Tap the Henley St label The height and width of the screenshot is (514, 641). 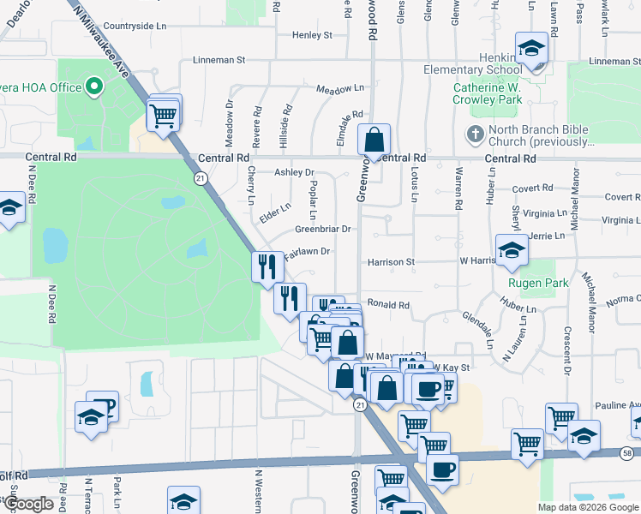pos(312,35)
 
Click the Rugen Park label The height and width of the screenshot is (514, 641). pos(538,283)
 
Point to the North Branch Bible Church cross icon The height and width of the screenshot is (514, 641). pos(475,134)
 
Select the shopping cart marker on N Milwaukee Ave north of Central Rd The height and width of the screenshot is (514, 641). pos(163,114)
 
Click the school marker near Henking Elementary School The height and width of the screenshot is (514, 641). pos(531,48)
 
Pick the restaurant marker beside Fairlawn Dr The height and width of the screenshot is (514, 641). pos(267,266)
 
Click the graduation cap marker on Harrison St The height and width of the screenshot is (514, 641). pos(512,249)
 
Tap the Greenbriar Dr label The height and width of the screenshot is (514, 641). pos(323,230)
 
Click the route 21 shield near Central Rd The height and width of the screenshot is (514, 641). pos(200,178)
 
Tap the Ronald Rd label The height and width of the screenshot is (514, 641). pos(389,304)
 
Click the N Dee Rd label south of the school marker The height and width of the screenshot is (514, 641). pos(51,304)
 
